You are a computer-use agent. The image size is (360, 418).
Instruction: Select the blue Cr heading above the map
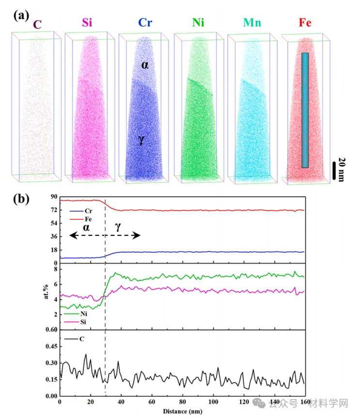coord(145,23)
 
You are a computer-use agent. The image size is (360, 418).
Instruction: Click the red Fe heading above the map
coord(306,23)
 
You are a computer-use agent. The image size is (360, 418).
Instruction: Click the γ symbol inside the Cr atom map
coord(141,140)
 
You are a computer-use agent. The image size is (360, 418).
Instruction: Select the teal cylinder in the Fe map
coord(305,110)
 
